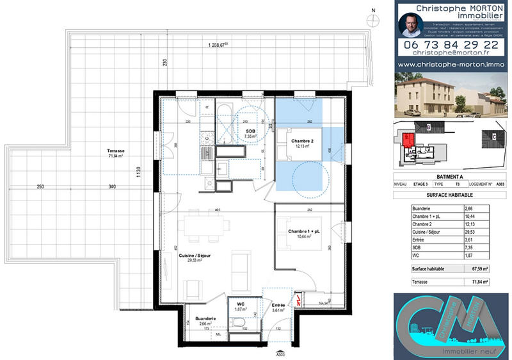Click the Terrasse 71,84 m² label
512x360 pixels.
click(x=116, y=152)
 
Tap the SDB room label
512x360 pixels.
click(x=250, y=133)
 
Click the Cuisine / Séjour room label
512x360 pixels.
click(x=195, y=258)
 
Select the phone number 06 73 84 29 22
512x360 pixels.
click(x=452, y=46)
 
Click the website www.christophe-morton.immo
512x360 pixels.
click(x=452, y=65)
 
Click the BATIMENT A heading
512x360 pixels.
click(x=448, y=177)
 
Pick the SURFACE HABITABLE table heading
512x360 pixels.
click(x=448, y=196)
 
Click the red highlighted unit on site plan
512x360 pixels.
click(x=407, y=139)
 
